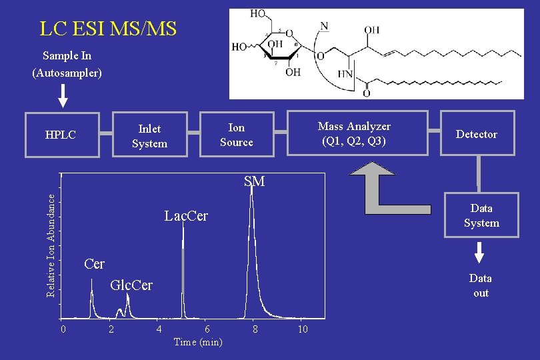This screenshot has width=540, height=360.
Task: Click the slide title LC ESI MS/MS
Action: click(108, 29)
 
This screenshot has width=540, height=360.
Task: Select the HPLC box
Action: click(61, 135)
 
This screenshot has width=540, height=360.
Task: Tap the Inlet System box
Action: click(149, 135)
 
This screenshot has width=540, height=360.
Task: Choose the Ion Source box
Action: click(237, 134)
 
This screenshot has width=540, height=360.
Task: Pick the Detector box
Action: click(477, 134)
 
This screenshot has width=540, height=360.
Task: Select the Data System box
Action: click(481, 216)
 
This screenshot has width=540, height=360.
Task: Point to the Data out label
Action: click(480, 285)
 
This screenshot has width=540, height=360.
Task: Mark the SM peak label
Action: click(254, 181)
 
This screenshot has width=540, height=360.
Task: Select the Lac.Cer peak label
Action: click(186, 216)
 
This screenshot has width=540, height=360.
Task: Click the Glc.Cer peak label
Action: click(131, 285)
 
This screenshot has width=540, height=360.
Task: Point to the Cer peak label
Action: click(95, 264)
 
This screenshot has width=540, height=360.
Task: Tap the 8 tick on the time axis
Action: click(254, 329)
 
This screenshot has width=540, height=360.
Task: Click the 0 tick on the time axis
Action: click(62, 329)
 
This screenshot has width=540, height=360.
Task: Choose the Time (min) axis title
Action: click(198, 342)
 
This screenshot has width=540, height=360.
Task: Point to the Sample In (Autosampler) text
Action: click(67, 64)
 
